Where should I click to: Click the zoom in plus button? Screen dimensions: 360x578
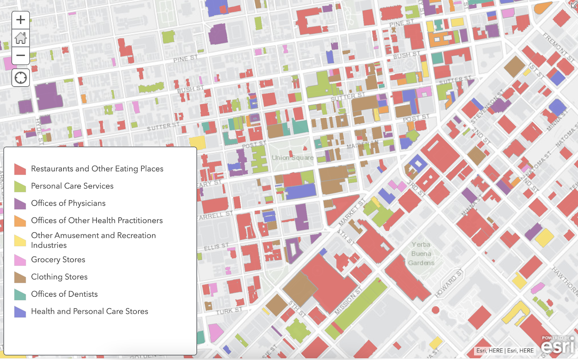(x=21, y=20)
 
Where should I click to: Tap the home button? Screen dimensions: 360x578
(x=21, y=38)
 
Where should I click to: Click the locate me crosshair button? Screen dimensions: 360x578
(x=21, y=78)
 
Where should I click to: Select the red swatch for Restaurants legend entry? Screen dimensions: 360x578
(x=20, y=169)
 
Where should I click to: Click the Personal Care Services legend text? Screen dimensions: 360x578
(x=72, y=186)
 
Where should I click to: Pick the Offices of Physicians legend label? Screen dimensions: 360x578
(x=68, y=203)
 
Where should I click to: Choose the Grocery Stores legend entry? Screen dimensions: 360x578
(x=58, y=260)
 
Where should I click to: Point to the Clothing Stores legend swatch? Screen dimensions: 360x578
(x=20, y=277)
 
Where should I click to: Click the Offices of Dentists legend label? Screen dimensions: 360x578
(x=64, y=294)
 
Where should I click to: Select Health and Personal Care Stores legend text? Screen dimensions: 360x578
(x=90, y=311)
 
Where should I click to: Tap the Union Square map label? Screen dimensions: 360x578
(x=292, y=158)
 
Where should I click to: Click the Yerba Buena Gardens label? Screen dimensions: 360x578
(x=421, y=254)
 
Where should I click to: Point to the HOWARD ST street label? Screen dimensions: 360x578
(x=449, y=283)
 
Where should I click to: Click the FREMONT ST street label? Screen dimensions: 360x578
(x=558, y=47)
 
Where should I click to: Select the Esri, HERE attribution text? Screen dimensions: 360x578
(x=505, y=351)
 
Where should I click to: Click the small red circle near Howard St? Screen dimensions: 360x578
(x=435, y=310)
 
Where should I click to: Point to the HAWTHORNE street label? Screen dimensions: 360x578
(x=566, y=280)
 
